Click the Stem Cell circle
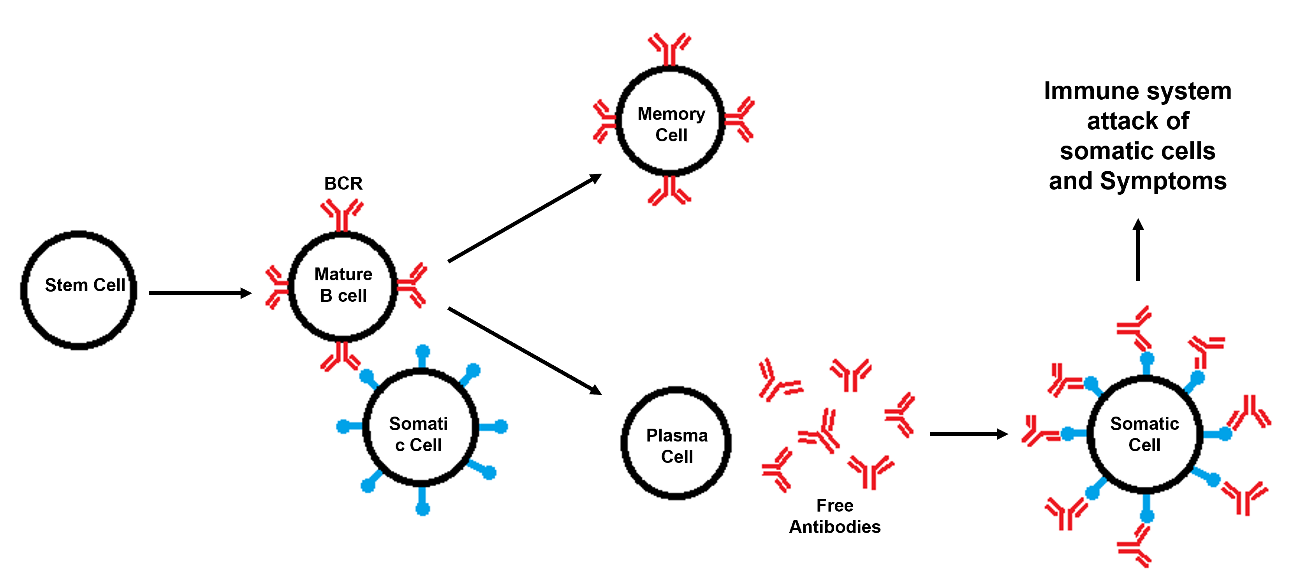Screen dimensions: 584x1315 (79, 290)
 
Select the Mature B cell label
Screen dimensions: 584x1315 (343, 285)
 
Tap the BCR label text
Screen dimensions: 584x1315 (343, 183)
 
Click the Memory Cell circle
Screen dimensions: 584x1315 (671, 121)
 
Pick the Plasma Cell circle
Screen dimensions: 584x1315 (676, 443)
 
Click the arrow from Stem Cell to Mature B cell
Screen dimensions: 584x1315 (200, 293)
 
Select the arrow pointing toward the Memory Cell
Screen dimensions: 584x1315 (525, 218)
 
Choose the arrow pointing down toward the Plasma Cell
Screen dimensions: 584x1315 (525, 351)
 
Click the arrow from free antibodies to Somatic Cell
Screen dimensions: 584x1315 (968, 434)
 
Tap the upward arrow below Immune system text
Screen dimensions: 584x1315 (1138, 250)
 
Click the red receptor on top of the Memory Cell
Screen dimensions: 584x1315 (670, 49)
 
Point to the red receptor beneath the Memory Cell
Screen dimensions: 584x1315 (670, 191)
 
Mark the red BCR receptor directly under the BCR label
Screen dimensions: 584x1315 (342, 215)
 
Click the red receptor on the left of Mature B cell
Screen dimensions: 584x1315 (277, 287)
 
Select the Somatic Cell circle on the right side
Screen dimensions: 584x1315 (1144, 434)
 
